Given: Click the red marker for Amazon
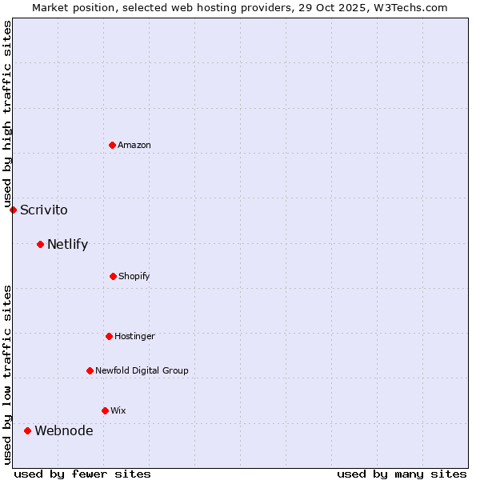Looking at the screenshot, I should point(113,145).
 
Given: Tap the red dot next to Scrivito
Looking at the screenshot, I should point(13,210).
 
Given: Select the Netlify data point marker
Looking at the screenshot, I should point(40,244).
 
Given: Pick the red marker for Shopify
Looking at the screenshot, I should point(113,276).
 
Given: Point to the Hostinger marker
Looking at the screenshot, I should point(109,336).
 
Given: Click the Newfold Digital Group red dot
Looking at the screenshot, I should point(90,370).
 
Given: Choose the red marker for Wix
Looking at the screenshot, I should point(105,410).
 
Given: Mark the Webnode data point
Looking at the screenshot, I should point(27,430).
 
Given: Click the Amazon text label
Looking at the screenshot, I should point(134,145).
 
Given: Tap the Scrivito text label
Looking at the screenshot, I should point(44,210).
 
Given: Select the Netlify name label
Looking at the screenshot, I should point(67,245).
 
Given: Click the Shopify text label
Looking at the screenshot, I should point(134,277).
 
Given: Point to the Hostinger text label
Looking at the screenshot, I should point(134,337).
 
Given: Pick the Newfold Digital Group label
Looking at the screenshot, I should point(142,371).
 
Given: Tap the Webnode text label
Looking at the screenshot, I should point(63,431).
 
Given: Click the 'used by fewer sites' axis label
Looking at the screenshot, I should point(82,474).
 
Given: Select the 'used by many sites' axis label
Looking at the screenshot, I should point(402,474).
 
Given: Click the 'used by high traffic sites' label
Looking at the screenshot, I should point(8,114).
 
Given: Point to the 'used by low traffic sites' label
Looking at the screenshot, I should point(8,374).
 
